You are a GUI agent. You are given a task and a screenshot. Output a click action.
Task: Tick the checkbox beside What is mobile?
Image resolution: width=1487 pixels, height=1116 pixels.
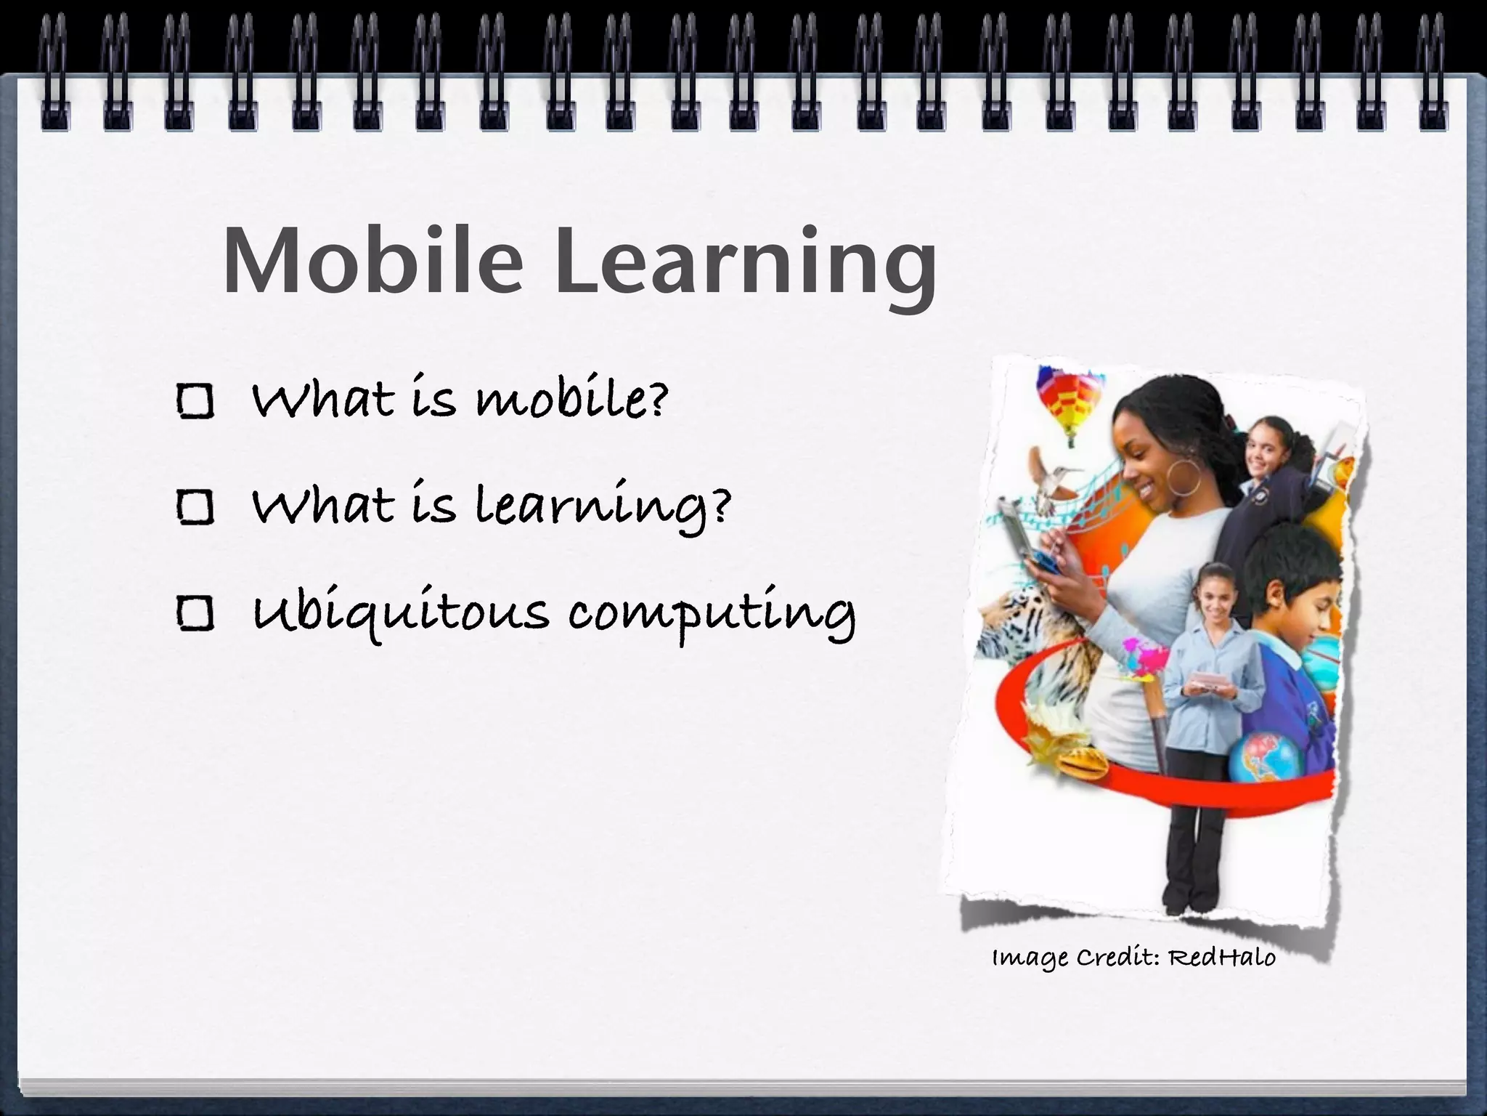(195, 401)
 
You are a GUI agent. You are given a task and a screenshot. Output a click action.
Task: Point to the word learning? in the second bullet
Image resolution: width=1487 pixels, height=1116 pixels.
(603, 509)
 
